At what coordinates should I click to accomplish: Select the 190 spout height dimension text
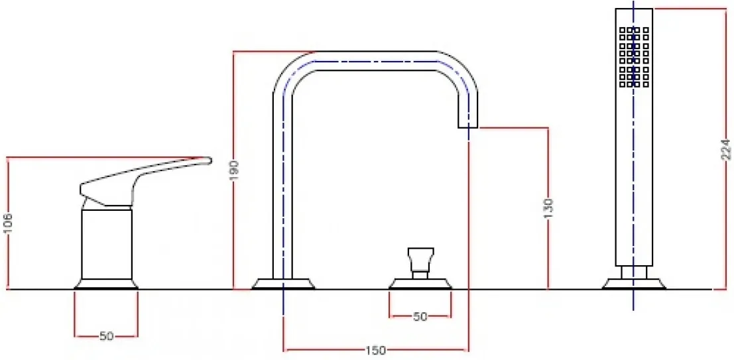[235, 171]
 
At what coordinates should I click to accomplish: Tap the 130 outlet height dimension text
[549, 210]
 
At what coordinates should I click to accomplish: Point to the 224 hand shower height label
[725, 149]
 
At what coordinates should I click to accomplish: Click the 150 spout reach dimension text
[376, 350]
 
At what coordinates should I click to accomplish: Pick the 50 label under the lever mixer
[106, 336]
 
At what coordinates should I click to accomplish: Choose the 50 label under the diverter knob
[420, 316]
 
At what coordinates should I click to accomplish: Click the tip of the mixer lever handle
[210, 160]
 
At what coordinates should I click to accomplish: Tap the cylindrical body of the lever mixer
[107, 245]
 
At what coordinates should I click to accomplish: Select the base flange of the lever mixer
[106, 284]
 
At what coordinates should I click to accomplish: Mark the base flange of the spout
[283, 284]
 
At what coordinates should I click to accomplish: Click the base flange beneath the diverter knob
[420, 284]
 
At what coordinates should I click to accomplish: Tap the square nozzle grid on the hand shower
[635, 57]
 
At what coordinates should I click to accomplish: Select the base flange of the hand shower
[634, 284]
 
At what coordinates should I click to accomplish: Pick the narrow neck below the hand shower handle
[634, 272]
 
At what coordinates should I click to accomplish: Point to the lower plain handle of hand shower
[635, 178]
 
